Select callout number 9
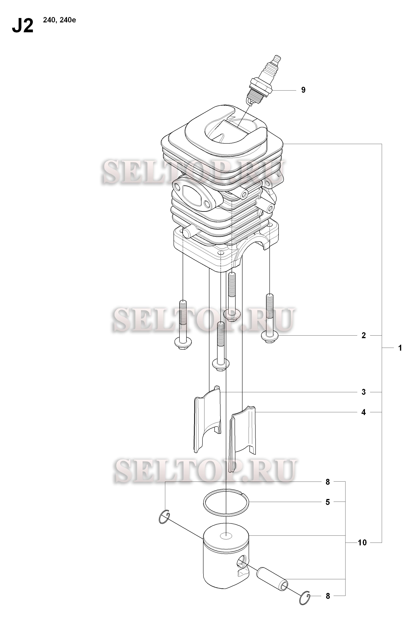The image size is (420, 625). tap(303, 90)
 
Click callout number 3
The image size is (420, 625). tap(364, 392)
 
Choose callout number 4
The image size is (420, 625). tap(364, 412)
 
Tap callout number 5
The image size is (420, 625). tap(328, 502)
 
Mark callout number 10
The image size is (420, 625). tap(362, 543)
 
